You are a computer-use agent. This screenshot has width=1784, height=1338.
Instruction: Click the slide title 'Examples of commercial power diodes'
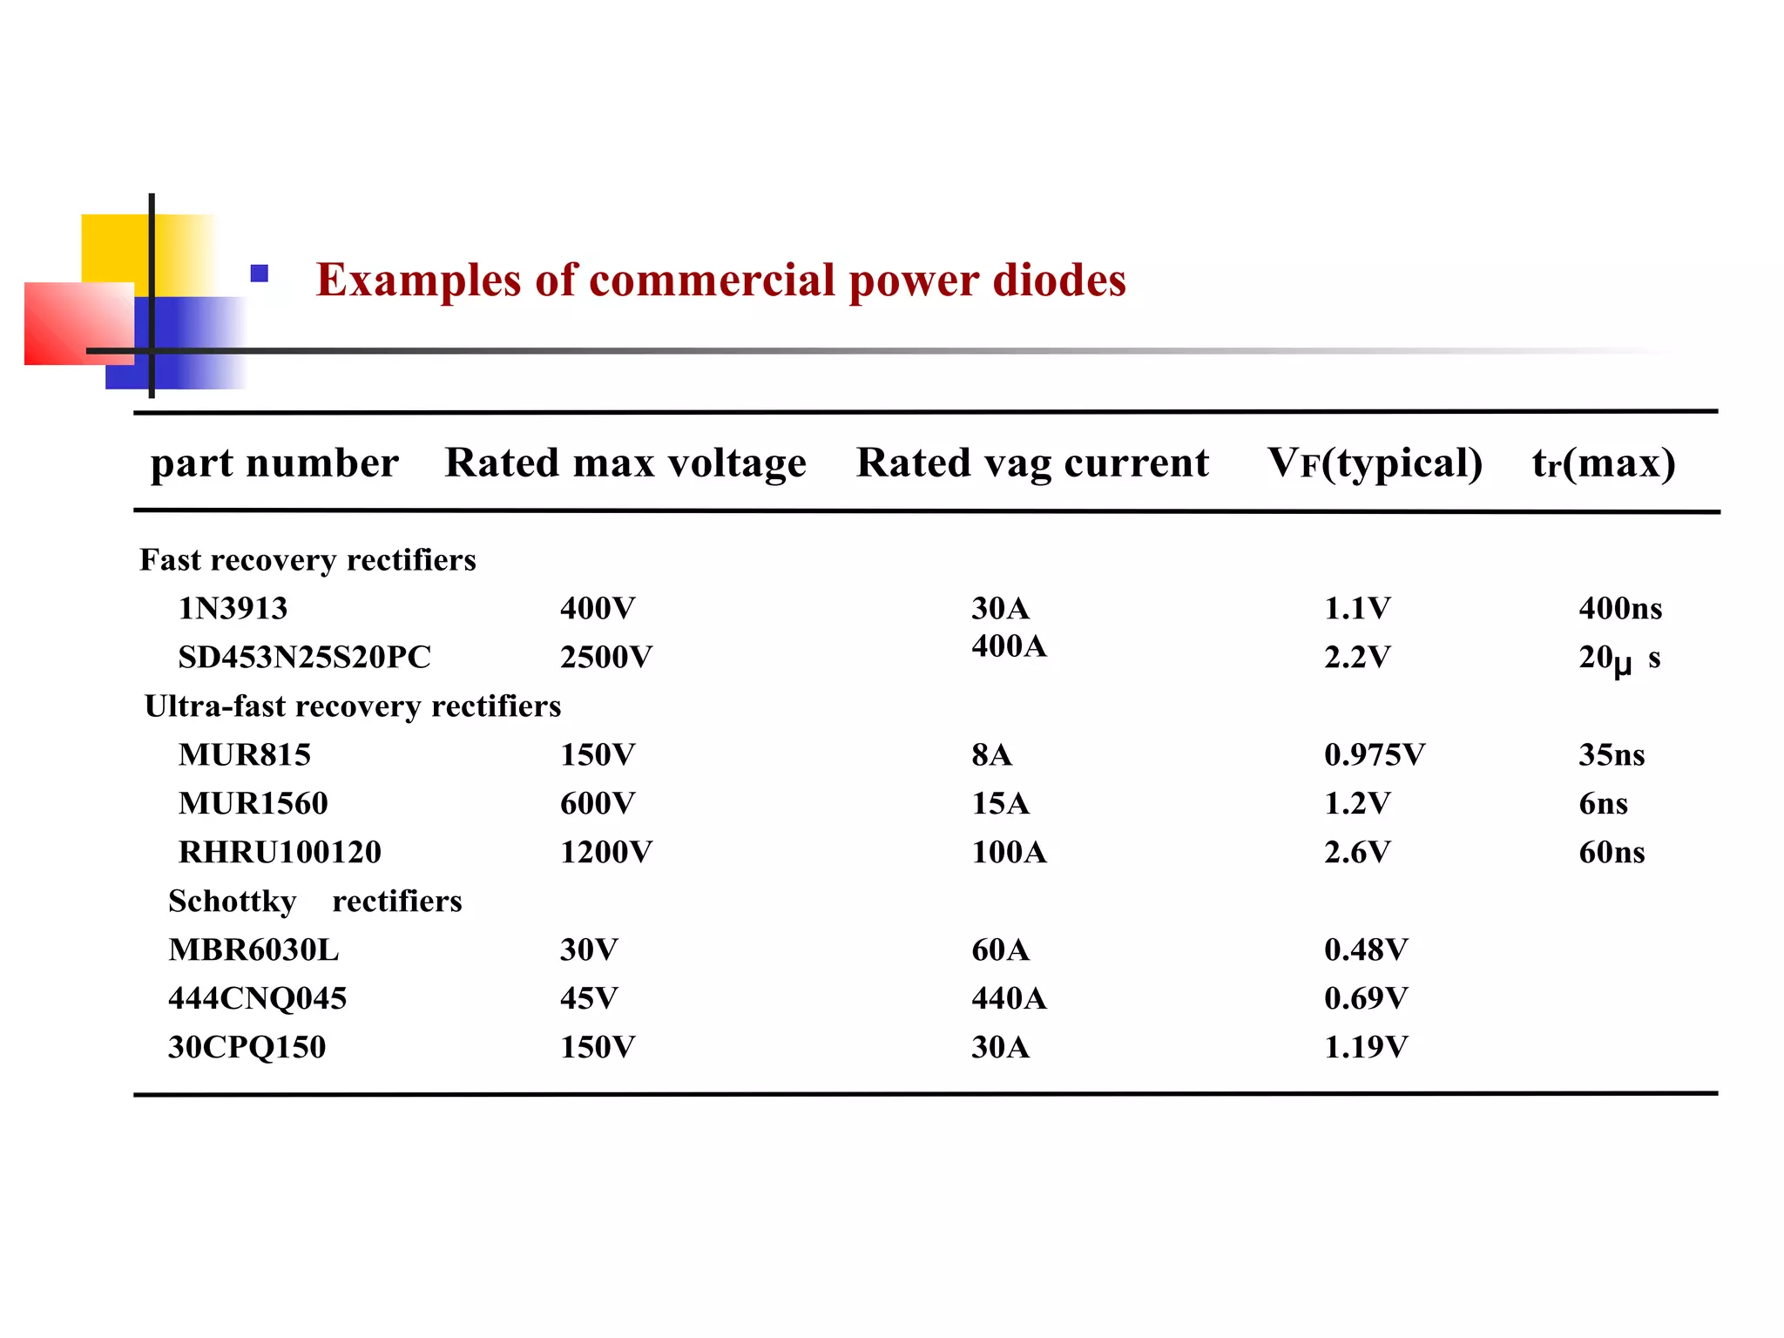[720, 280]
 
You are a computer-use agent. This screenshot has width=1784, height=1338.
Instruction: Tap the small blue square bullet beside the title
[259, 274]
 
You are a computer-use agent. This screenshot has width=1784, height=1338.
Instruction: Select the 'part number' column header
[274, 463]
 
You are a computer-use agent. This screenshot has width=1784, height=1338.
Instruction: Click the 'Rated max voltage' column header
[625, 463]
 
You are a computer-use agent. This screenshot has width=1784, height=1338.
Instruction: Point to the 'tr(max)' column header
[1604, 463]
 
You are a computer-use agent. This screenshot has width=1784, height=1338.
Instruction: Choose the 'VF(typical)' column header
[1375, 463]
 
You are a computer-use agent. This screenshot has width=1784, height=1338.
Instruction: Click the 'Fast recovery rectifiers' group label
[307, 559]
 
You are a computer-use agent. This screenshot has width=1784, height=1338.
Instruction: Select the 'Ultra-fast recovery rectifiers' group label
[352, 706]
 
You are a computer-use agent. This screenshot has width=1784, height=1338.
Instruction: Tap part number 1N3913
[233, 608]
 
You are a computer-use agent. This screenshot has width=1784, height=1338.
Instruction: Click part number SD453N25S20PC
[304, 657]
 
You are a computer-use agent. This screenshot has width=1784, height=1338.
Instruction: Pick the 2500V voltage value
[605, 657]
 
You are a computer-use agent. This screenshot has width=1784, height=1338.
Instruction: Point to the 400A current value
[1009, 646]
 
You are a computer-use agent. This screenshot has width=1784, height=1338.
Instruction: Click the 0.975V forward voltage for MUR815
[1374, 754]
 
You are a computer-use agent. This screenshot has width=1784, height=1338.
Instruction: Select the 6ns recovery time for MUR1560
[1603, 803]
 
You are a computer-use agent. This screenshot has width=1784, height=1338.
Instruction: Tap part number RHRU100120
[280, 852]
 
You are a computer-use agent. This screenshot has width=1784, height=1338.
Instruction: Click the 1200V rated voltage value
[605, 852]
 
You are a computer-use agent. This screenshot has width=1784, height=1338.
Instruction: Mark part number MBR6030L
[253, 949]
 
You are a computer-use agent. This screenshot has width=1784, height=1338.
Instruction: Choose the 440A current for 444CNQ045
[1009, 998]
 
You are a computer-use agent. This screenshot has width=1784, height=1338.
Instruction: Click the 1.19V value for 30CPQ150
[1365, 1047]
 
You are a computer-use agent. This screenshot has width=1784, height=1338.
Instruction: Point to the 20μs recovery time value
[1618, 659]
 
